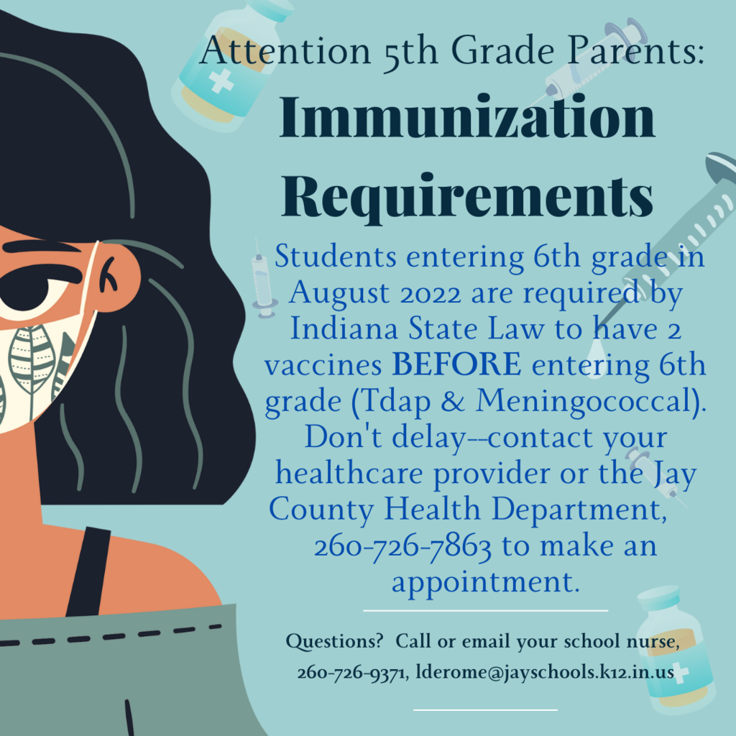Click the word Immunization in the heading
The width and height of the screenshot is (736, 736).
[x=467, y=116]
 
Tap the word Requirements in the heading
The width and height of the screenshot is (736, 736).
[x=467, y=197]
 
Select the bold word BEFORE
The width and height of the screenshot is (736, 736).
[x=456, y=364]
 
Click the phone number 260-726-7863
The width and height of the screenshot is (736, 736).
[x=402, y=547]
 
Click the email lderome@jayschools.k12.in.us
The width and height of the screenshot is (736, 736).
[x=545, y=672]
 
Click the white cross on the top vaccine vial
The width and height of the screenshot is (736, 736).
[x=221, y=80]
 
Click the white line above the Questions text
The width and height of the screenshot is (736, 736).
[x=486, y=611]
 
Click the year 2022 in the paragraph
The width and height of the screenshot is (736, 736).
[x=431, y=294]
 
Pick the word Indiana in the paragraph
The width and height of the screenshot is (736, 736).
[x=344, y=328]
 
